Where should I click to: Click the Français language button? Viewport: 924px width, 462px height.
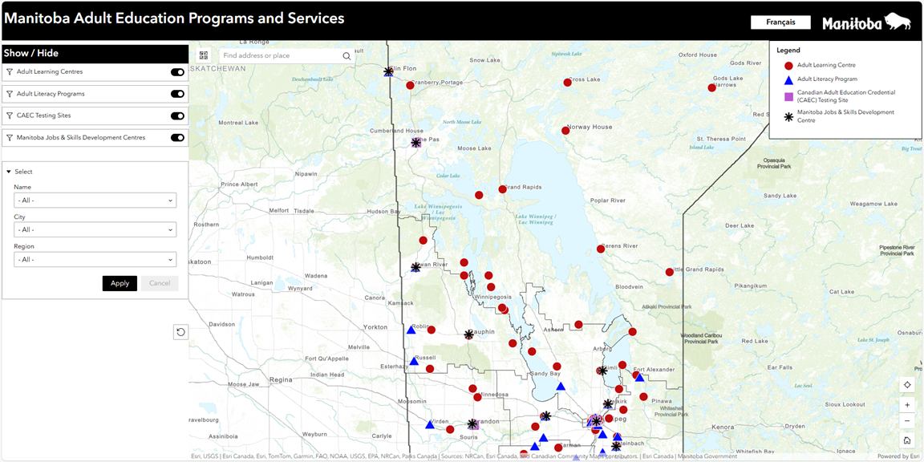pyautogui.click(x=780, y=22)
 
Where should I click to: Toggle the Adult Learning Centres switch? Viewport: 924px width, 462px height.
pyautogui.click(x=177, y=72)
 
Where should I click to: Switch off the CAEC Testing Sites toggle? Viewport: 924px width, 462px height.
pyautogui.click(x=177, y=116)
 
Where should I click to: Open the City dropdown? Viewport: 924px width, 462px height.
pyautogui.click(x=95, y=230)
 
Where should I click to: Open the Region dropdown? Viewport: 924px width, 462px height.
pyautogui.click(x=95, y=260)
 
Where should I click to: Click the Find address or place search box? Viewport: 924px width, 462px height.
pyautogui.click(x=281, y=56)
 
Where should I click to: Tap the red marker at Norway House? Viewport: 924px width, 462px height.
pyautogui.click(x=565, y=131)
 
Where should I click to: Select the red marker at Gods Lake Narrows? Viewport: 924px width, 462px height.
pyautogui.click(x=711, y=87)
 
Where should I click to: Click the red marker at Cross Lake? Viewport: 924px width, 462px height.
pyautogui.click(x=567, y=83)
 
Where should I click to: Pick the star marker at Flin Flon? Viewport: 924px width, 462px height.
pyautogui.click(x=388, y=71)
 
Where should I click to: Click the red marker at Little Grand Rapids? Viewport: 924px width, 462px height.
pyautogui.click(x=670, y=272)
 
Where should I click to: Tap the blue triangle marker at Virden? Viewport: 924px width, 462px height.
pyautogui.click(x=430, y=423)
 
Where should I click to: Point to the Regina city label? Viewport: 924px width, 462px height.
pyautogui.click(x=281, y=379)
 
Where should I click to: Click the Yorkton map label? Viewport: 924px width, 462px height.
pyautogui.click(x=375, y=327)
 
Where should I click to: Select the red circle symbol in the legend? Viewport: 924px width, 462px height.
pyautogui.click(x=788, y=66)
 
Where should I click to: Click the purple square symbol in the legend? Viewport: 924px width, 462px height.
pyautogui.click(x=788, y=96)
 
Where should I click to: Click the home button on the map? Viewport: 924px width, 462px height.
pyautogui.click(x=907, y=440)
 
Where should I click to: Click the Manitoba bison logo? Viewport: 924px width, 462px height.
pyautogui.click(x=866, y=22)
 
